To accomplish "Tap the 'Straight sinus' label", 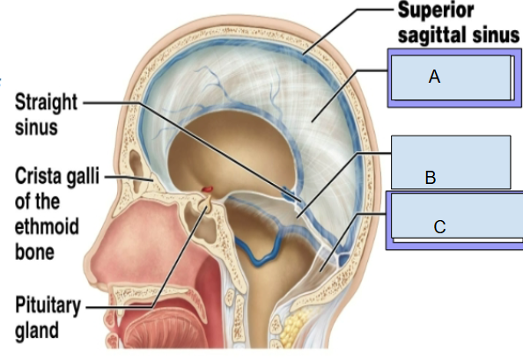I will click(x=38, y=114).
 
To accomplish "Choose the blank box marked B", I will click(x=449, y=162).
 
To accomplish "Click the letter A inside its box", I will click(x=434, y=77).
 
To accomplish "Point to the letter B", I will click(x=430, y=178).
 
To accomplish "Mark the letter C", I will click(x=439, y=227).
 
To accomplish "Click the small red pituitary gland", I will click(x=206, y=191).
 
